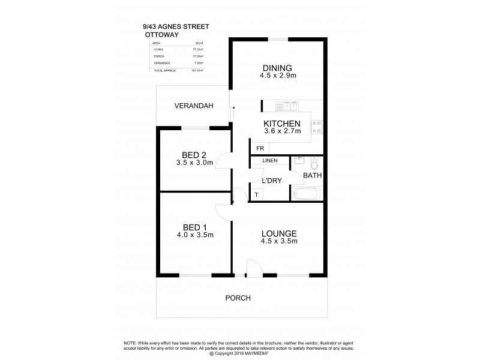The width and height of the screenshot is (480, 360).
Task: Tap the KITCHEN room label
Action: coord(281,124)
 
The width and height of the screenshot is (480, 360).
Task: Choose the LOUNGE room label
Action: coord(279,233)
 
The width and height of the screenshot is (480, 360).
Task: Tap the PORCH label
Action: coord(238,298)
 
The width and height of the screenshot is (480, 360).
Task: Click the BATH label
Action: coord(313,176)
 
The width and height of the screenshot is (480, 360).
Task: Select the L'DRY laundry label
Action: coord(268,181)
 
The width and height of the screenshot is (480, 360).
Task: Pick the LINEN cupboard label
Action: coord(269,161)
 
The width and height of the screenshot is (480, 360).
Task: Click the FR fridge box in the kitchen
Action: coord(260,148)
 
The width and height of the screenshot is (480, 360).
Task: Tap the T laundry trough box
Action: coord(257,194)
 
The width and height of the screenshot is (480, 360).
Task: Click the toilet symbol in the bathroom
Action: coord(314,163)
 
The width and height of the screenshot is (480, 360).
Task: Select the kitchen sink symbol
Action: coord(287,106)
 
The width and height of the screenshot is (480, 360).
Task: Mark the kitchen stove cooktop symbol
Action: coord(317,126)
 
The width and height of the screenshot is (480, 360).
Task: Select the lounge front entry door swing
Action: coord(253,269)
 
